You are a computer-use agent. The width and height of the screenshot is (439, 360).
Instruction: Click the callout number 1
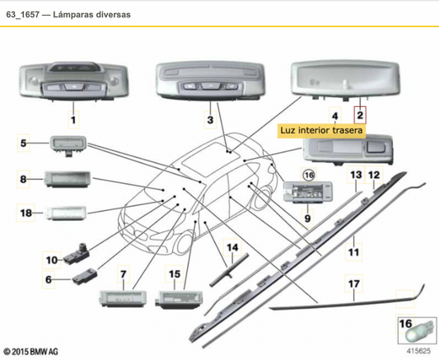coord(72,120)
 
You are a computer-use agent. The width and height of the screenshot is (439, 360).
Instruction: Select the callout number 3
coord(211,120)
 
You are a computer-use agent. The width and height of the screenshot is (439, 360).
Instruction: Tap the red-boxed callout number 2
coord(359,115)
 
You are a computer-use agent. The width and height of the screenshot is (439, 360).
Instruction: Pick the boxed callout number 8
coord(26,178)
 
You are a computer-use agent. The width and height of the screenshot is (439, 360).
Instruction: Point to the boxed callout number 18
coord(26,213)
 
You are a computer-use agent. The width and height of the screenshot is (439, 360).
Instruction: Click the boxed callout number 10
coord(51,259)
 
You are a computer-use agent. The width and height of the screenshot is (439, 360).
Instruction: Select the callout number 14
coord(231,247)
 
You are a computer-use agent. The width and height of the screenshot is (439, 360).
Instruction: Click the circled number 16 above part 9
coord(309,175)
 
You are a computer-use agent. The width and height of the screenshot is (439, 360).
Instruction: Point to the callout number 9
coord(307,218)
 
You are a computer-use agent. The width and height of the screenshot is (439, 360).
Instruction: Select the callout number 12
coord(373,175)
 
